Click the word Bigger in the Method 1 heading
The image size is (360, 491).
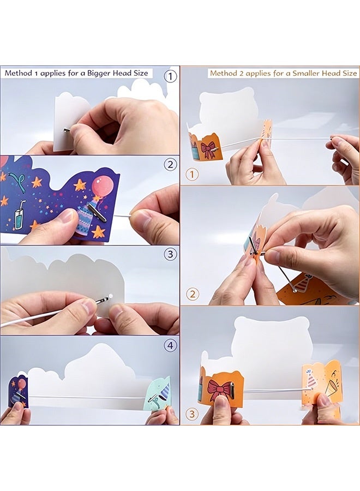pyautogui.click(x=98, y=74)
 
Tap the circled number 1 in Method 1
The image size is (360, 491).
pyautogui.click(x=170, y=76)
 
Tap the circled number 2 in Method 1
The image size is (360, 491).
pyautogui.click(x=170, y=164)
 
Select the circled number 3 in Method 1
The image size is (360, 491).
pyautogui.click(x=170, y=254)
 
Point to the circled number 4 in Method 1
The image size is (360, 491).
pyautogui.click(x=170, y=345)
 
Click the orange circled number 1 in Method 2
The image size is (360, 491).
pyautogui.click(x=192, y=175)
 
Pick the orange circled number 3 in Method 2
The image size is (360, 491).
pyautogui.click(x=193, y=414)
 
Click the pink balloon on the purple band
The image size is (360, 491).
pyautogui.click(x=103, y=187)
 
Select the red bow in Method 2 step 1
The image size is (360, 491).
pyautogui.click(x=208, y=149)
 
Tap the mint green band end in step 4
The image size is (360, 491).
pyautogui.click(x=157, y=394)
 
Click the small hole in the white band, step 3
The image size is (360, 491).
pyautogui.click(x=110, y=295)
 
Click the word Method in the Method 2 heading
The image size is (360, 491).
pyautogui.click(x=221, y=73)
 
